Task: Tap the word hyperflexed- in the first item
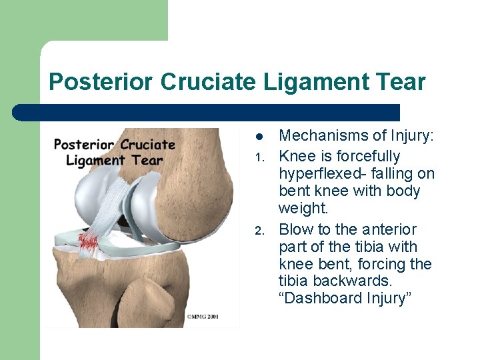[319, 174]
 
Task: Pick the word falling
[388, 174]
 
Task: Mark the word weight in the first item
[303, 209]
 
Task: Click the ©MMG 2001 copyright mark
[203, 317]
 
